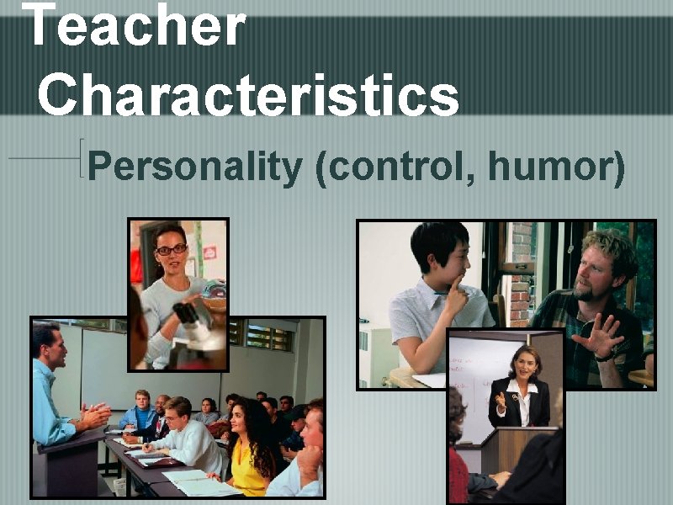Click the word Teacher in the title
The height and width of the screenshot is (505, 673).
tap(135, 25)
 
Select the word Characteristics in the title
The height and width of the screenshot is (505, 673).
tap(248, 94)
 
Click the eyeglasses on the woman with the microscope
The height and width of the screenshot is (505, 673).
tap(172, 250)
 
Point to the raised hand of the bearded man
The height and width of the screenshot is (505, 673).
tap(599, 335)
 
